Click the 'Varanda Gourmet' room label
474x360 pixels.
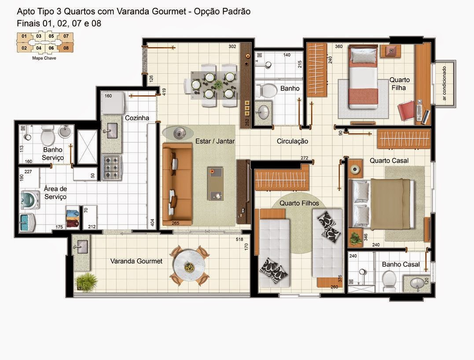click(x=136, y=261)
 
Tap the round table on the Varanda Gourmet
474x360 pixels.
click(x=190, y=266)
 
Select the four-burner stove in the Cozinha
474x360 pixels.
click(x=112, y=167)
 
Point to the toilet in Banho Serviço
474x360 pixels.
click(x=47, y=136)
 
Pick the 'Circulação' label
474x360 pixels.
click(x=292, y=141)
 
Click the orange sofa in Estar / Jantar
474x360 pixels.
click(x=177, y=184)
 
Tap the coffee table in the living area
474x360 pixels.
click(x=216, y=184)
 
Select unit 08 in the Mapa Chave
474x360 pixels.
click(x=66, y=48)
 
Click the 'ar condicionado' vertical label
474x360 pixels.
click(x=444, y=84)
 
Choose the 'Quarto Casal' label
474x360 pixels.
click(x=389, y=161)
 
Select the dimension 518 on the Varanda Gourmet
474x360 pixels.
click(x=239, y=239)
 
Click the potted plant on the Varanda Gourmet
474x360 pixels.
click(x=87, y=282)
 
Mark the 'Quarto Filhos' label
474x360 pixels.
click(x=299, y=203)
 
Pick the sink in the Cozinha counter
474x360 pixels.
click(x=111, y=131)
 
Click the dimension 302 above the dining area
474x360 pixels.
click(x=232, y=47)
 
